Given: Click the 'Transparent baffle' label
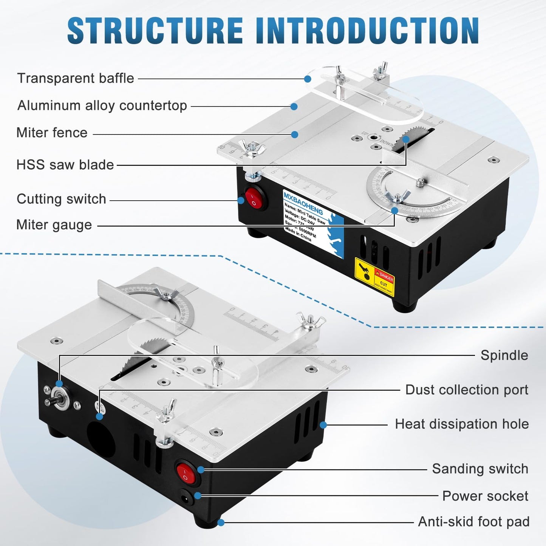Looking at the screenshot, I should tap(76, 78).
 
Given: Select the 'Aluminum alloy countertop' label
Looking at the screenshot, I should tap(102, 105).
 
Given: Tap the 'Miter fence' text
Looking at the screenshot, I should tap(52, 133).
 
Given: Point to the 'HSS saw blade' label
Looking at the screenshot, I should tap(65, 165).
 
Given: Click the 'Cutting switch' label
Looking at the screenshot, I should tap(61, 199).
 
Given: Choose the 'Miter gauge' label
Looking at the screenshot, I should tap(54, 225).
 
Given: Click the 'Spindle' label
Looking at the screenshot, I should tap(504, 355).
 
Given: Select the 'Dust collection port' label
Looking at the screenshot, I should tap(467, 390).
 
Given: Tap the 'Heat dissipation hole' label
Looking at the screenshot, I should tap(462, 424).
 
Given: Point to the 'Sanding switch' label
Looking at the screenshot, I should tap(480, 469).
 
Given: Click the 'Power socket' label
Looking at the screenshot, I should tap(485, 496).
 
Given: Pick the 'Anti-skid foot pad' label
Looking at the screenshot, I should tap(473, 522).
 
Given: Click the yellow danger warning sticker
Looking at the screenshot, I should tap(374, 276).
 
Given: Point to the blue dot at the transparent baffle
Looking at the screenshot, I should tap(308, 79).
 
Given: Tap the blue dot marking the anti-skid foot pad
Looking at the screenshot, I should tap(221, 523).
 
